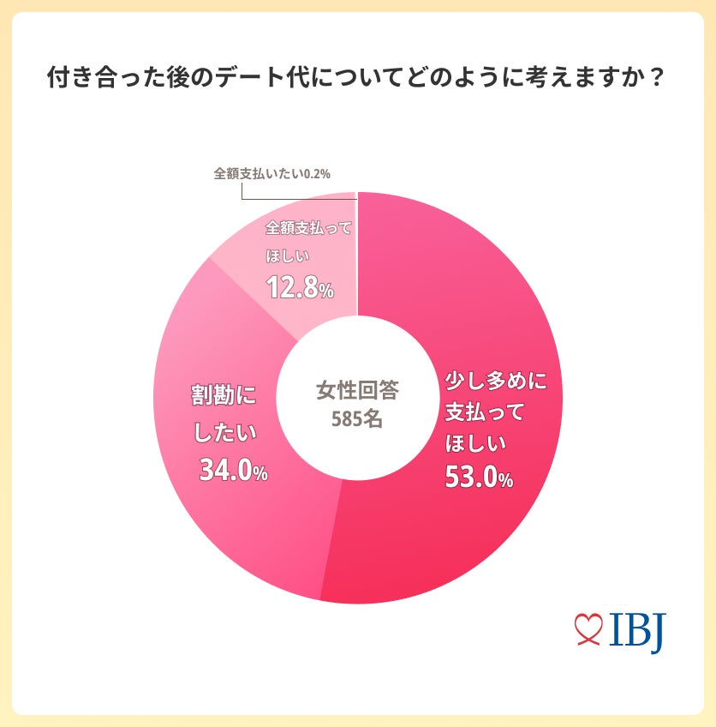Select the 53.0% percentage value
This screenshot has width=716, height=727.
tap(479, 478)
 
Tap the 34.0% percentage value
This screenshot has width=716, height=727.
tap(233, 470)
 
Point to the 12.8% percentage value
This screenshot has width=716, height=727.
tap(299, 287)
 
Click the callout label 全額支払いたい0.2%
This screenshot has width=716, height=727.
tap(271, 174)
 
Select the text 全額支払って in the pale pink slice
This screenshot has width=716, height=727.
tap(309, 229)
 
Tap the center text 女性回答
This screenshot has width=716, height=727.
tap(357, 390)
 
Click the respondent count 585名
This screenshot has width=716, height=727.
tap(357, 420)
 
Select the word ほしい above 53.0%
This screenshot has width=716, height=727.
tap(476, 444)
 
